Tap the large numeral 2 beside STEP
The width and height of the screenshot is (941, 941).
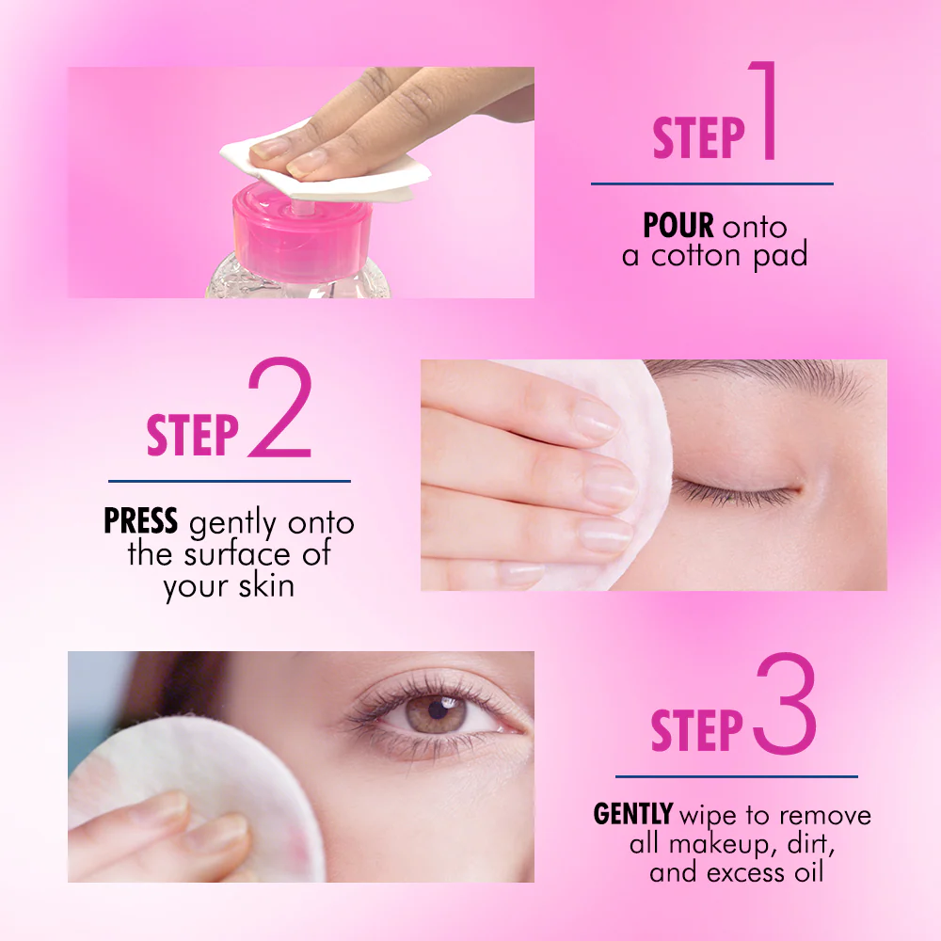pyautogui.click(x=280, y=408)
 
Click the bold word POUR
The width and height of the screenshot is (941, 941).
pyautogui.click(x=678, y=226)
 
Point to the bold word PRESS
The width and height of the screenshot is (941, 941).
pyautogui.click(x=140, y=520)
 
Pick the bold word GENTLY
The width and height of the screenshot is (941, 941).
pyautogui.click(x=632, y=814)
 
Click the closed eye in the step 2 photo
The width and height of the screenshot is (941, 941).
pyautogui.click(x=735, y=489)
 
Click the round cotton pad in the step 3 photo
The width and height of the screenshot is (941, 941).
pyautogui.click(x=197, y=798)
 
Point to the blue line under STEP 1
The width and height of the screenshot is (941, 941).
pyautogui.click(x=712, y=183)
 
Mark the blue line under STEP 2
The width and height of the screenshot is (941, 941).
pyautogui.click(x=230, y=481)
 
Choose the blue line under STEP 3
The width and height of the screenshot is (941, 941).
pyautogui.click(x=737, y=776)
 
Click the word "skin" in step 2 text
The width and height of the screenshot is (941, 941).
pyautogui.click(x=266, y=585)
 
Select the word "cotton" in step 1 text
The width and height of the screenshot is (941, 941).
pyautogui.click(x=696, y=256)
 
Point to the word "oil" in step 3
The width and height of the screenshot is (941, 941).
pyautogui.click(x=809, y=872)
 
